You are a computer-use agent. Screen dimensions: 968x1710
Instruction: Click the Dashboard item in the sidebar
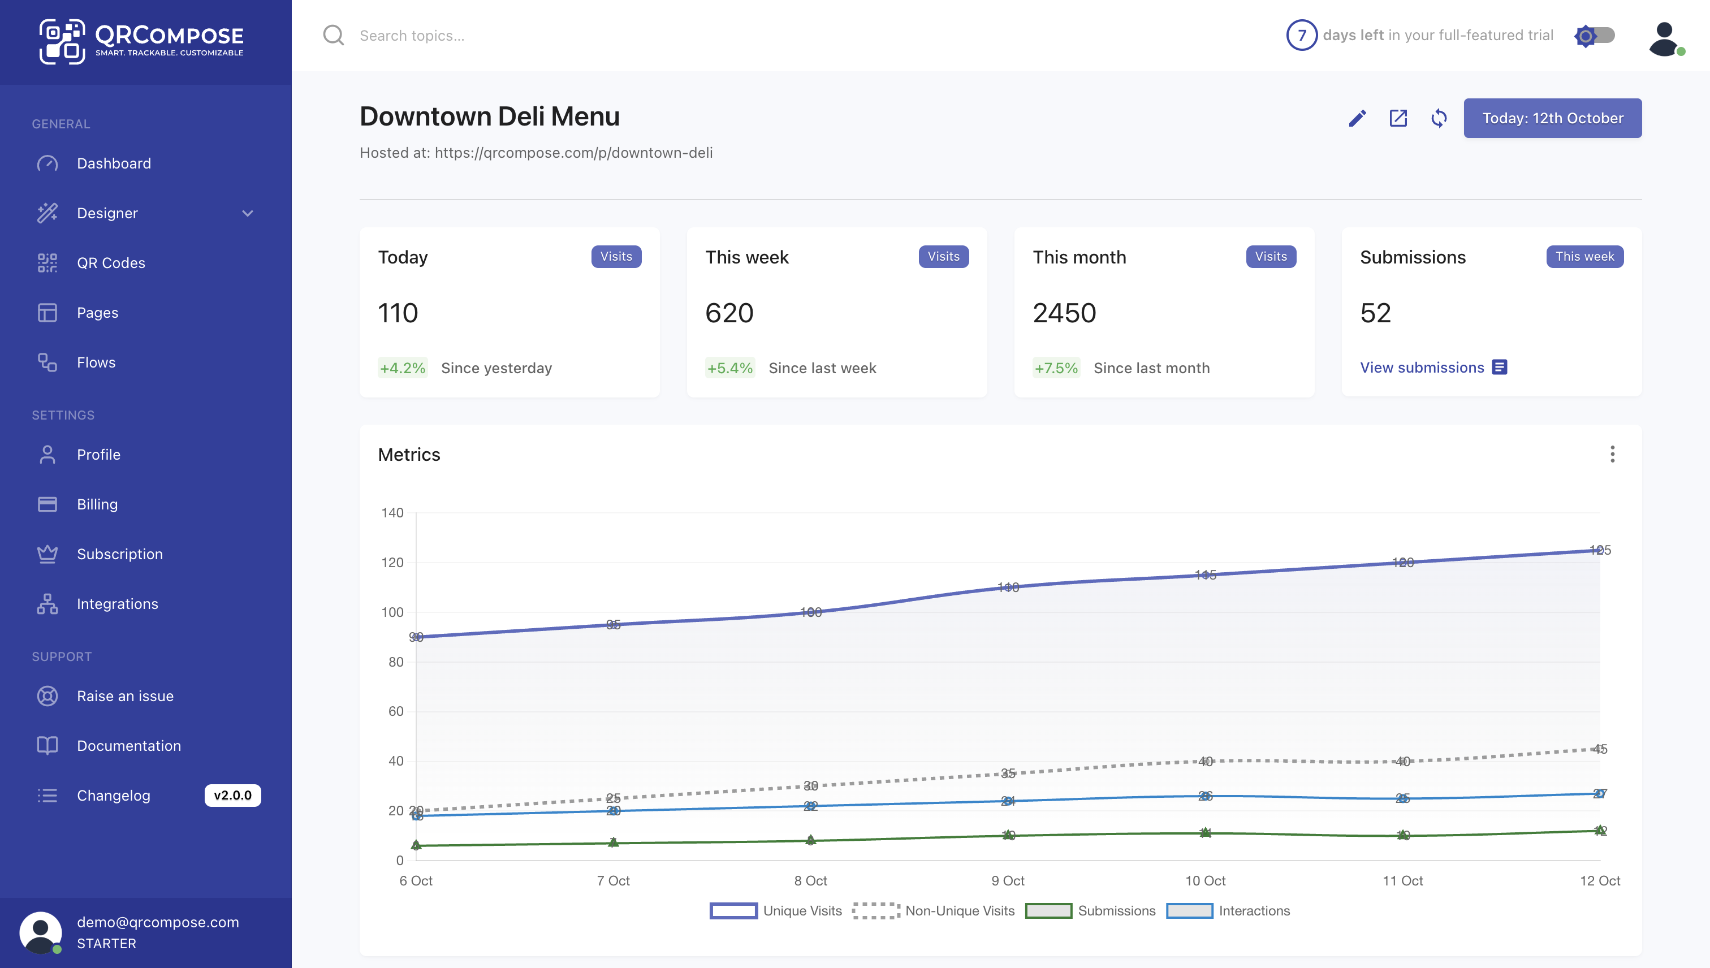click(x=114, y=163)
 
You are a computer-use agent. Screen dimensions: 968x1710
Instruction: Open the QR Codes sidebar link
click(x=110, y=262)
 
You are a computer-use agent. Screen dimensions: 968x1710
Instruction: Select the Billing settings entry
click(x=97, y=504)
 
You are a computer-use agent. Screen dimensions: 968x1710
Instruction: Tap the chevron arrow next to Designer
click(x=247, y=213)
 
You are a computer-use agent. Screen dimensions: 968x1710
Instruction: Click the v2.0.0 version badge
click(x=232, y=795)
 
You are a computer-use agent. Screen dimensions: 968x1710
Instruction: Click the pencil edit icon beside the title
click(x=1357, y=118)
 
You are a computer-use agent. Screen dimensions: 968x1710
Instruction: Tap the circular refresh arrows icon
click(x=1439, y=118)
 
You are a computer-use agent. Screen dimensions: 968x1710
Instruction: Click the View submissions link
click(x=1422, y=368)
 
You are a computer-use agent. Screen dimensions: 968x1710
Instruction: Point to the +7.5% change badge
click(x=1056, y=368)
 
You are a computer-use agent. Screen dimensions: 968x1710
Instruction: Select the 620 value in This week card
click(x=729, y=313)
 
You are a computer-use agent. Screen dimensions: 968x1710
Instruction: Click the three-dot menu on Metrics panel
click(x=1612, y=454)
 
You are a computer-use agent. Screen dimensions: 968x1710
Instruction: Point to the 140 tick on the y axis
click(x=392, y=513)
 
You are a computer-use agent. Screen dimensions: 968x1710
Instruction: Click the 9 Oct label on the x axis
click(x=1007, y=881)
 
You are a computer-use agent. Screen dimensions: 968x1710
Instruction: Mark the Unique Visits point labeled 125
click(x=1599, y=551)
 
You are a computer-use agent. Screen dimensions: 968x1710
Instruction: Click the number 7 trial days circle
click(x=1301, y=35)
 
